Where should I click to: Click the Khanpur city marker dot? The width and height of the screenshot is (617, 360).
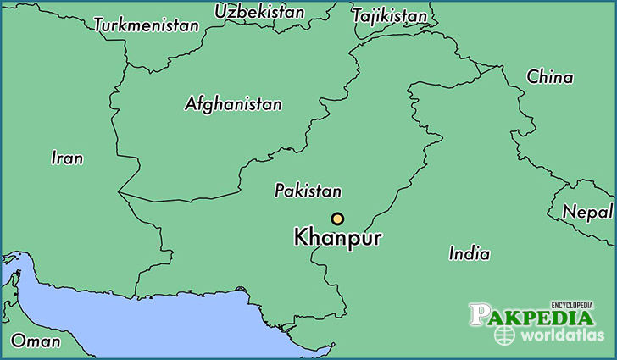point(337,219)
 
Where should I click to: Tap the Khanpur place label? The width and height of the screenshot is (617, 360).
point(337,238)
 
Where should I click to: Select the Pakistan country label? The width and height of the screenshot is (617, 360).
point(308,191)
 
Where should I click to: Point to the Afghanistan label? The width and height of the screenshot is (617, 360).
point(233,104)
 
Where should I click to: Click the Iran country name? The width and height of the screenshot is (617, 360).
point(67,158)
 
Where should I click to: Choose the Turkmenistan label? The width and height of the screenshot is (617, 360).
point(146,25)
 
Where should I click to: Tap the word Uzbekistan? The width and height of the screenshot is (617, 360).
point(259,12)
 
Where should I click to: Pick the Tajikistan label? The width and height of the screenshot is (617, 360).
point(389,16)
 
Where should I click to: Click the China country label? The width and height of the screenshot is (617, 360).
point(549,77)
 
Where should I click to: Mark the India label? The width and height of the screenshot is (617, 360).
point(469,252)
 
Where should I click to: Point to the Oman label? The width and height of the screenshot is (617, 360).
point(36,341)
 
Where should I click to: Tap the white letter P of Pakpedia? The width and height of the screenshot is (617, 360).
point(480,316)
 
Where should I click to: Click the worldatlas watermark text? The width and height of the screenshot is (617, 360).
point(560,335)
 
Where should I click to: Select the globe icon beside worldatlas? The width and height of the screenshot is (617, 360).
point(504,335)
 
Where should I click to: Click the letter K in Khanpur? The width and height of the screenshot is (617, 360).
point(300,238)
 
